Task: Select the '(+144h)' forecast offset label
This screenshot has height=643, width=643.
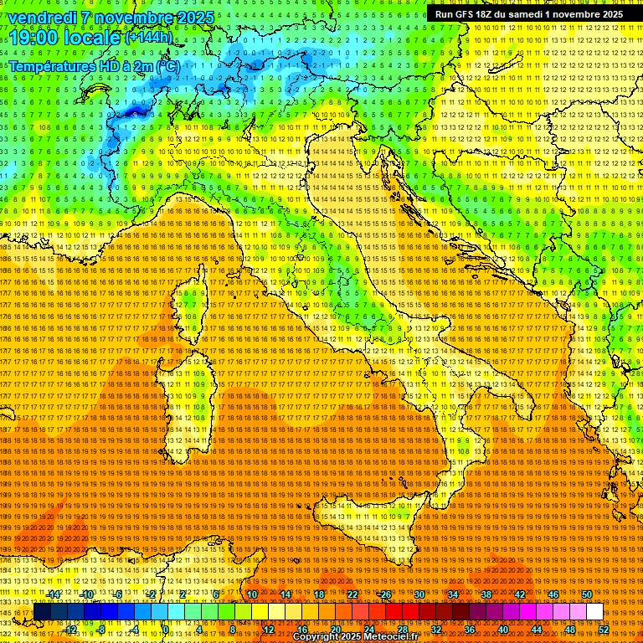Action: point(149,37)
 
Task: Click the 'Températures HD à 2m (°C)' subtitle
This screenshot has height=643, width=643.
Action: point(94,65)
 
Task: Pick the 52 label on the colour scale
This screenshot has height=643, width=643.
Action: point(604,630)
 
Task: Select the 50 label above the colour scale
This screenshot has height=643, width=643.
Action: point(587,594)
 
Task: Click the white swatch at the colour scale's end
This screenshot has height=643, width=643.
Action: point(594,612)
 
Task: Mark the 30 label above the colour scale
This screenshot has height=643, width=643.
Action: point(419,594)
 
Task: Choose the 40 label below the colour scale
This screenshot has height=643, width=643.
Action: point(503,630)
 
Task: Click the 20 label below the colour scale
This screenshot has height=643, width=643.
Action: point(336,630)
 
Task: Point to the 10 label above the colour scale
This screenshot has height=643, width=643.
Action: point(252,594)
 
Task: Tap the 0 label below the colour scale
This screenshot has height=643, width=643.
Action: point(166,630)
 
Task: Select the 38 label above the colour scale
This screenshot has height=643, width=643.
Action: point(486,594)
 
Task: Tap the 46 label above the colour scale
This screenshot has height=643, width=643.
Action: point(553,594)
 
